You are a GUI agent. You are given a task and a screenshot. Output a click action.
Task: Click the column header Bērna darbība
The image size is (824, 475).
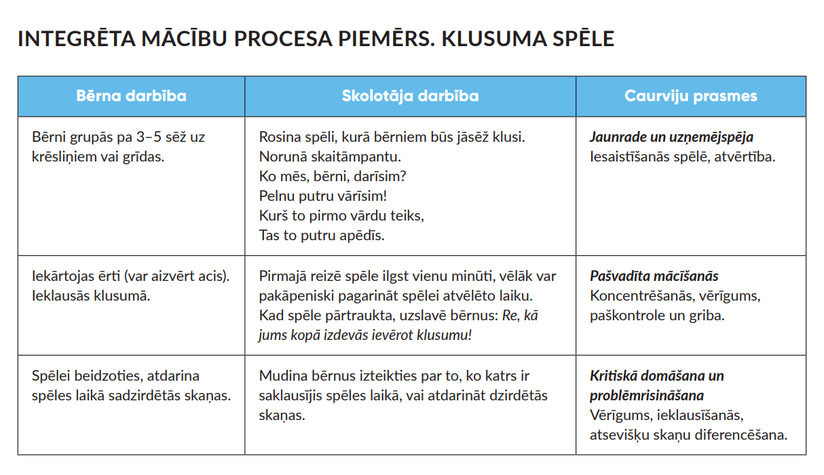131,96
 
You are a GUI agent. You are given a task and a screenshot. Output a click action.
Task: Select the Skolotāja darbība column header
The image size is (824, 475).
410,96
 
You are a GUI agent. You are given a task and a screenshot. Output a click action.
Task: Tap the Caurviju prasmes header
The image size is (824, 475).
690,96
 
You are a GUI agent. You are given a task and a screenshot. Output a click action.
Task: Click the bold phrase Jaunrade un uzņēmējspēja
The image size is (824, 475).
671,137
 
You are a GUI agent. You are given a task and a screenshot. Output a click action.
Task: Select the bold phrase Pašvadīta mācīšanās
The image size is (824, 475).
654,276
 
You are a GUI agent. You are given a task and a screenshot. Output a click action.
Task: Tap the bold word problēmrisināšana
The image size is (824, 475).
646,396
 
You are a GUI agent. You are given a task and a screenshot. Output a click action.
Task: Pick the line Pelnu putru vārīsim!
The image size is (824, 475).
323,196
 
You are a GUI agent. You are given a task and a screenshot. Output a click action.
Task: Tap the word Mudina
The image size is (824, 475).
281,376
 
